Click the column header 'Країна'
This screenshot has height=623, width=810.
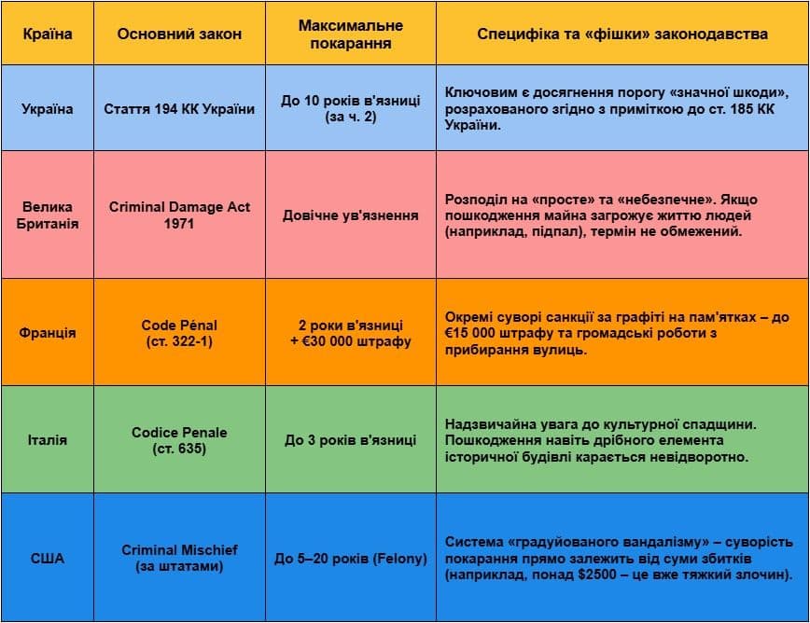point(47,34)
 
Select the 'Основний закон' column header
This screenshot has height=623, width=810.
point(179,34)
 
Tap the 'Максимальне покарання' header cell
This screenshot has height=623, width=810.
point(351,34)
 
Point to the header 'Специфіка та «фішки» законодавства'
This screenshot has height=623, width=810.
point(622,34)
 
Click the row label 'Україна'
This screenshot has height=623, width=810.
point(47,109)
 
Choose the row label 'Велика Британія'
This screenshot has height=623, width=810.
point(47,215)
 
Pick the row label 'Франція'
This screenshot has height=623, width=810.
point(47,333)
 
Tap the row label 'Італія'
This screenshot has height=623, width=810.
point(47,440)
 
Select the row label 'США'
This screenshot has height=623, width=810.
point(47,559)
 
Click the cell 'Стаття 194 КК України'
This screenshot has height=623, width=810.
point(179,109)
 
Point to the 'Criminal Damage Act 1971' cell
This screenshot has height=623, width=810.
point(179,215)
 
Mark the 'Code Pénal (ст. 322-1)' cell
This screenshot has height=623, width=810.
point(179,333)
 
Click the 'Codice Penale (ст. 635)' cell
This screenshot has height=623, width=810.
point(179,440)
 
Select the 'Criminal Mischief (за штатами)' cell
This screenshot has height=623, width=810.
point(179,558)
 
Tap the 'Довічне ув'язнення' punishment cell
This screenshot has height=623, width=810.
point(351,215)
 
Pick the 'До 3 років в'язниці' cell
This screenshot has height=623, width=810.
point(351,440)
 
